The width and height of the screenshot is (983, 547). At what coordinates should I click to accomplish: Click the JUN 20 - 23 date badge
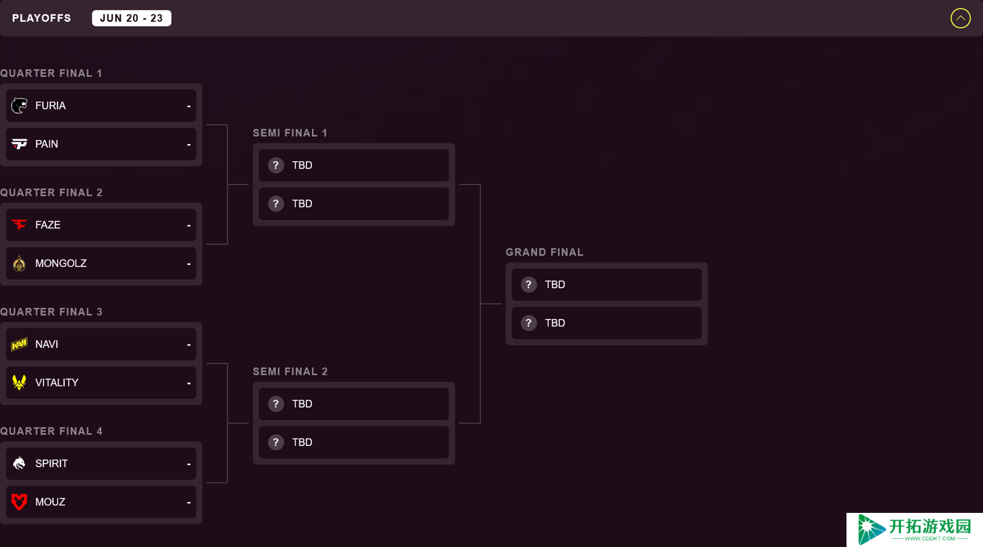(x=131, y=18)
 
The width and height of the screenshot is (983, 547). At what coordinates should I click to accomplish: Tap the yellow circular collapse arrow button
(x=960, y=18)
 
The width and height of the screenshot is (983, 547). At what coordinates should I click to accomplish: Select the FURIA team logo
(x=19, y=105)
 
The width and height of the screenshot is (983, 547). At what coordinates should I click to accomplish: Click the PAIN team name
(x=46, y=144)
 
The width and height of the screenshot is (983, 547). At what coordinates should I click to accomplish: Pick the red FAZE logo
(x=19, y=225)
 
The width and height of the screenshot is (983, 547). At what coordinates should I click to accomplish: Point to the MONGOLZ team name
(x=61, y=264)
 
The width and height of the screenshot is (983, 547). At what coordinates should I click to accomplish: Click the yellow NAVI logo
(x=19, y=344)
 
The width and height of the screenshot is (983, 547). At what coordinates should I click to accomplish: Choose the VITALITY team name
(x=57, y=383)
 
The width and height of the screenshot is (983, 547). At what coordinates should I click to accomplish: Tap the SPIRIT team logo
(x=19, y=463)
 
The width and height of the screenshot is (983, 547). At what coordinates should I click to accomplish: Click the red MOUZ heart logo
(x=19, y=501)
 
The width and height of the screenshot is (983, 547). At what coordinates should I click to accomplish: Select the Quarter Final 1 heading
(x=51, y=73)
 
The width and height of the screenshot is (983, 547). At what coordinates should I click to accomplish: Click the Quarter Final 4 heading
(x=51, y=431)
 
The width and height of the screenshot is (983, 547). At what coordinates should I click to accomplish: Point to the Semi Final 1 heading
(x=290, y=133)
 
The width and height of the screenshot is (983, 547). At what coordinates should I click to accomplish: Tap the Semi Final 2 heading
(x=290, y=371)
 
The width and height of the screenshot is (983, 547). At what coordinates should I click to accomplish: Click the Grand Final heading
(x=545, y=253)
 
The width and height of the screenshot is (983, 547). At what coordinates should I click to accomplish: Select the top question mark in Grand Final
(x=528, y=285)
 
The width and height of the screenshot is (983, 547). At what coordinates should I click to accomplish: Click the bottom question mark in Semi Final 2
(x=276, y=442)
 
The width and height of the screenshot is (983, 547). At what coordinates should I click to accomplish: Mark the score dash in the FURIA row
(x=188, y=107)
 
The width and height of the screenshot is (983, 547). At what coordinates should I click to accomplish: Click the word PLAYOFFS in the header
(x=41, y=18)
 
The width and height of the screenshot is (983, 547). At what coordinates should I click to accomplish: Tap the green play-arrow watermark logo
(x=870, y=529)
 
